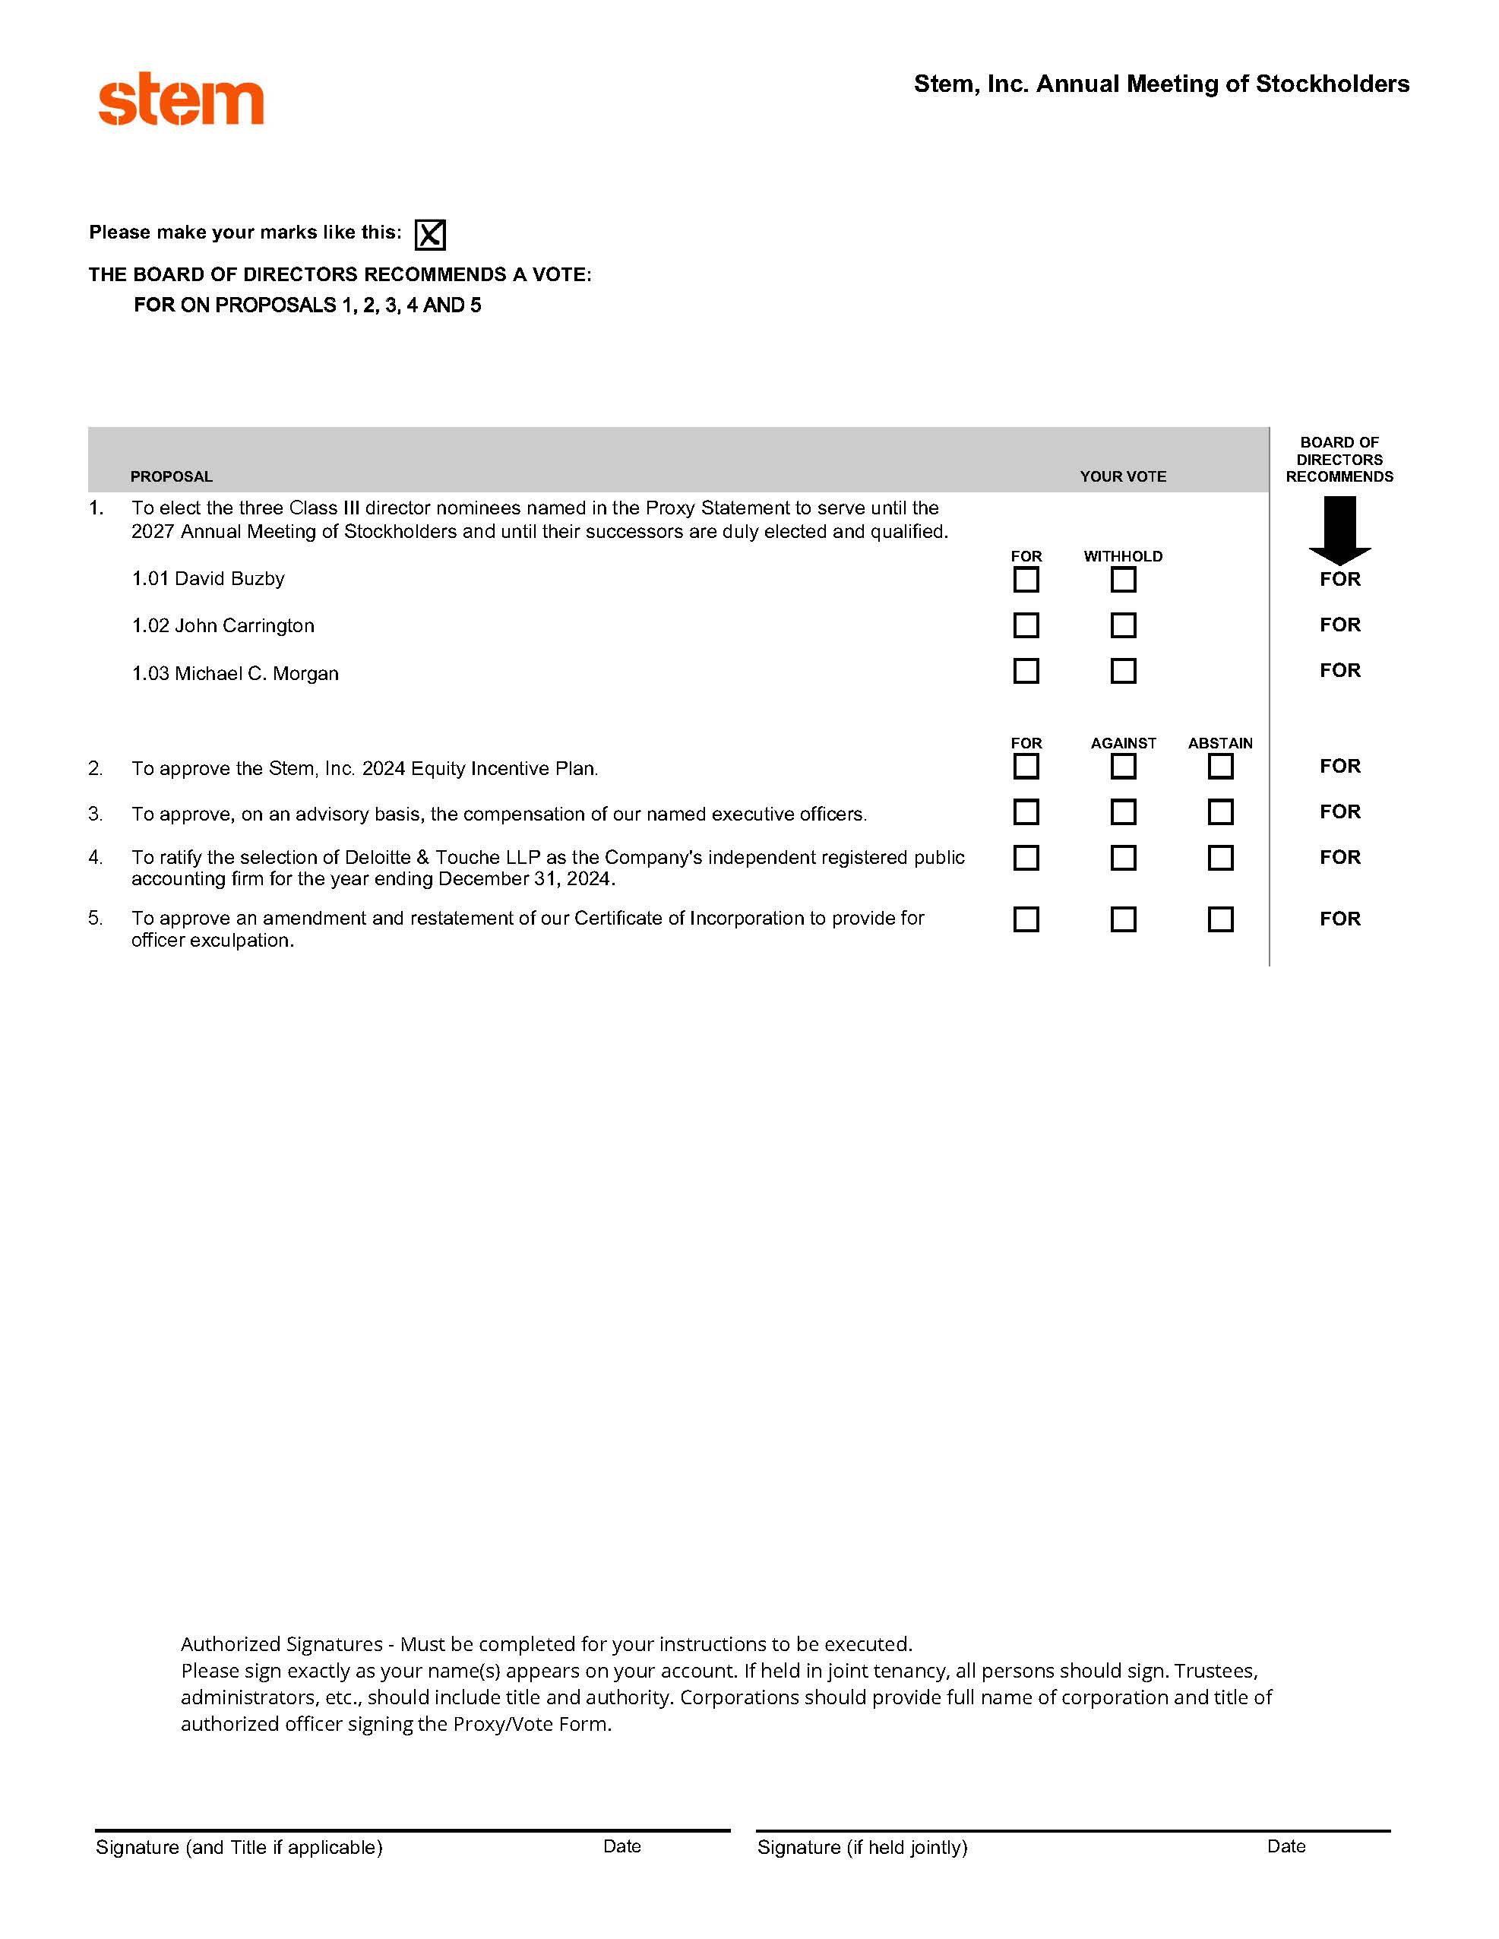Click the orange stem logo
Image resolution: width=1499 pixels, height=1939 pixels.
tap(180, 100)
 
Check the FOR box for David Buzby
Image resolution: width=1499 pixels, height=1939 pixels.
tap(1026, 580)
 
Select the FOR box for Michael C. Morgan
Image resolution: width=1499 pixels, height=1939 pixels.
tap(1026, 671)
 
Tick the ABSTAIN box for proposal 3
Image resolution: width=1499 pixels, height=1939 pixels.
tap(1220, 811)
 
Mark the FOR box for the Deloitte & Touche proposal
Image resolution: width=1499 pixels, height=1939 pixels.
tap(1026, 858)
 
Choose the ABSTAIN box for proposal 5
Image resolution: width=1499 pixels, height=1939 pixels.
tap(1220, 919)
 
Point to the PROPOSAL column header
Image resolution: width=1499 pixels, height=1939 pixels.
tap(172, 476)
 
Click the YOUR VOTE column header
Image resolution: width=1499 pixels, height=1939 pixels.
tap(1122, 476)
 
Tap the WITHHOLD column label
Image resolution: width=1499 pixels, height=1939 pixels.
tap(1122, 557)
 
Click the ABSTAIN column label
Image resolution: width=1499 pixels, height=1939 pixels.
tap(1220, 743)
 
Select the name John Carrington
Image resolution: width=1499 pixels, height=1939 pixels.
tap(244, 626)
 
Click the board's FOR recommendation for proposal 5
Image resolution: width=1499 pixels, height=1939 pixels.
tap(1339, 919)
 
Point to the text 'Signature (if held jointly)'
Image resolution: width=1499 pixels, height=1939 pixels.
tap(862, 1848)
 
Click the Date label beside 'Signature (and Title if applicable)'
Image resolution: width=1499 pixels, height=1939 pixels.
tap(621, 1846)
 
